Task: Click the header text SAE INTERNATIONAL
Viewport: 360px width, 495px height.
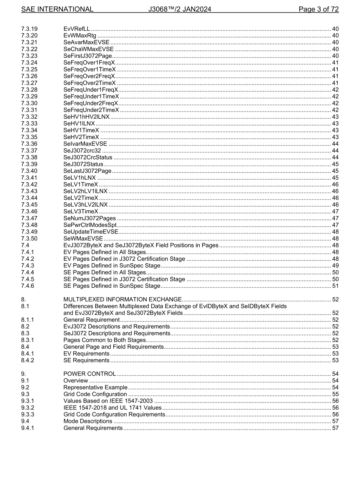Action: click(57, 9)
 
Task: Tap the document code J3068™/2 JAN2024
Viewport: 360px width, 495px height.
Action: click(180, 9)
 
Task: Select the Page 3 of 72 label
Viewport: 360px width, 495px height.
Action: click(318, 9)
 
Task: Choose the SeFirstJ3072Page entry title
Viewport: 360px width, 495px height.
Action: click(88, 56)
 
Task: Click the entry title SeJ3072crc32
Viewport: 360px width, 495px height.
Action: click(82, 150)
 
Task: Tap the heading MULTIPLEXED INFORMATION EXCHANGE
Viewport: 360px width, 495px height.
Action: click(122, 299)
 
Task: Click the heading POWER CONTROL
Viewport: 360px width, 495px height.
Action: click(90, 374)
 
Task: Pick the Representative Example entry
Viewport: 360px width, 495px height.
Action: click(95, 387)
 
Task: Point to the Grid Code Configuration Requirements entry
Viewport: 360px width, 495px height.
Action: click(114, 414)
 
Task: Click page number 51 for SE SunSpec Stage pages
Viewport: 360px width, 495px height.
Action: click(335, 286)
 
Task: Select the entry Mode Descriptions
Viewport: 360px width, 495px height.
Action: click(88, 421)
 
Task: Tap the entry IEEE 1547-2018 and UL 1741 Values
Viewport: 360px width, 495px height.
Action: click(113, 408)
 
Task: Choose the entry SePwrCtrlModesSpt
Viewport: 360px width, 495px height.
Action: click(90, 225)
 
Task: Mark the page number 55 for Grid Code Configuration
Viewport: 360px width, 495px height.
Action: click(335, 394)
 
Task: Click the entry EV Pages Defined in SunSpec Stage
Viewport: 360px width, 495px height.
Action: click(112, 266)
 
